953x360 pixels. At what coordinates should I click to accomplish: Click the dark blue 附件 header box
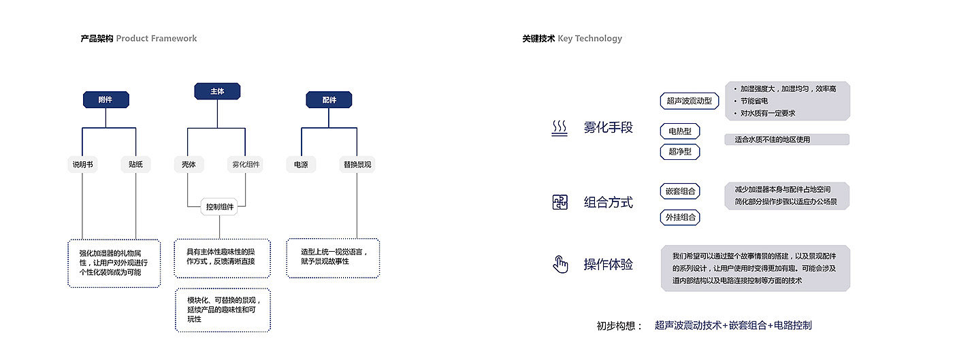106,100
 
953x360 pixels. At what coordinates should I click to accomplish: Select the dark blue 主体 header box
218,91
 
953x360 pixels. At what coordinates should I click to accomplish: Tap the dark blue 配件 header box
329,100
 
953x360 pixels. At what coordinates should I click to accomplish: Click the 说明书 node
82,164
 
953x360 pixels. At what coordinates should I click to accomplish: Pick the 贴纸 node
135,164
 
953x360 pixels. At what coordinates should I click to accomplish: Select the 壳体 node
189,164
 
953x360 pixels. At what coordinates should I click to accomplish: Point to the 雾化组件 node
246,164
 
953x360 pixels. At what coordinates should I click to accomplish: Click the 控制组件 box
219,207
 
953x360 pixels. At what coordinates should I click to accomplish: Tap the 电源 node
301,164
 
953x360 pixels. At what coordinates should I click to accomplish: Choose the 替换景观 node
357,164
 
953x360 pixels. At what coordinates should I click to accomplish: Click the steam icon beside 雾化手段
560,128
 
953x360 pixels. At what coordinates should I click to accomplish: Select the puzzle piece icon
560,202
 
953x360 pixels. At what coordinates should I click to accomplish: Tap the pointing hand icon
560,264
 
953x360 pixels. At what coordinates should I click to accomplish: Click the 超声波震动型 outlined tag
690,101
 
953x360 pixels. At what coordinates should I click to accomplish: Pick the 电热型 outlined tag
679,131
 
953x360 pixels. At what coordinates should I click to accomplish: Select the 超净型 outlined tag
679,152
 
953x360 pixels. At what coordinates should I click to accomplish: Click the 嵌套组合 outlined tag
681,191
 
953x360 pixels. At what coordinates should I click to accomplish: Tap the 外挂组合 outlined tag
681,217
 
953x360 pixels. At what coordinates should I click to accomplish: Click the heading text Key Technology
589,39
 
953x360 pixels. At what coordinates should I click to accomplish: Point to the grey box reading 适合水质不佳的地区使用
787,140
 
